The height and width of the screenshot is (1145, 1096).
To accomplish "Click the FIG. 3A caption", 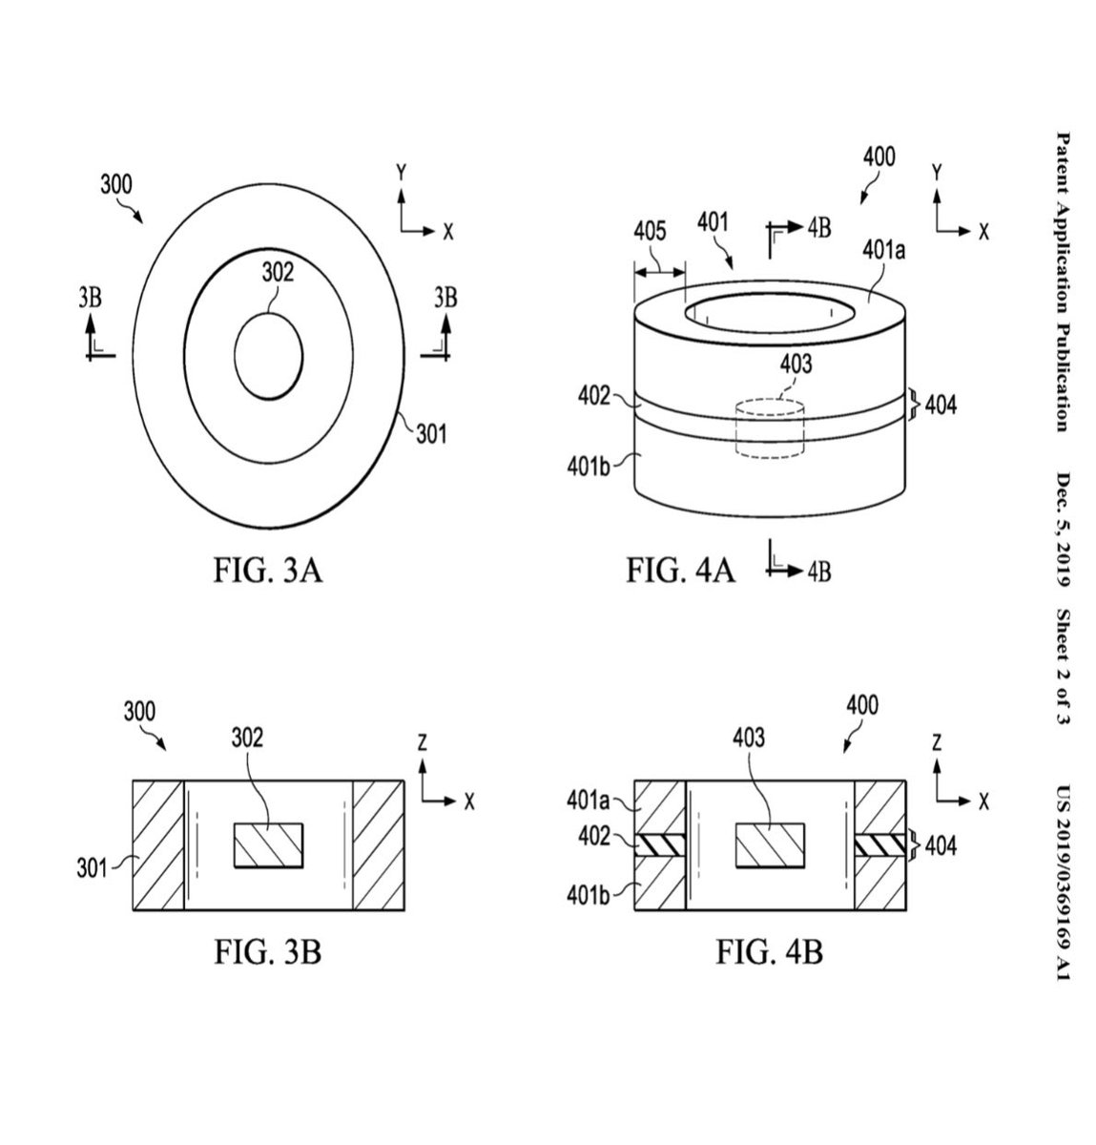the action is [x=268, y=571].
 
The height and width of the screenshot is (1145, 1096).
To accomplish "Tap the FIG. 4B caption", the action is [x=769, y=951].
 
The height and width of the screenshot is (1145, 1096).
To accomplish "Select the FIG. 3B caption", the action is [x=268, y=951].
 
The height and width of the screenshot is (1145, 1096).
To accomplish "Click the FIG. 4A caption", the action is [x=680, y=571].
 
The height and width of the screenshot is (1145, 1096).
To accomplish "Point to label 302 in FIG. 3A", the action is [x=278, y=273].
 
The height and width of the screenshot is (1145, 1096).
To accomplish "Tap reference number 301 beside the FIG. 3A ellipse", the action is [x=431, y=434].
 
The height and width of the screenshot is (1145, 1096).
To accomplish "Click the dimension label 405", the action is [x=650, y=231].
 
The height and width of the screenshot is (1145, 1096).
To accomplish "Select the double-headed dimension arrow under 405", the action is [x=660, y=272].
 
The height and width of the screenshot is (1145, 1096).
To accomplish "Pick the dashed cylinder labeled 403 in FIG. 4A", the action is [x=770, y=428].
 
